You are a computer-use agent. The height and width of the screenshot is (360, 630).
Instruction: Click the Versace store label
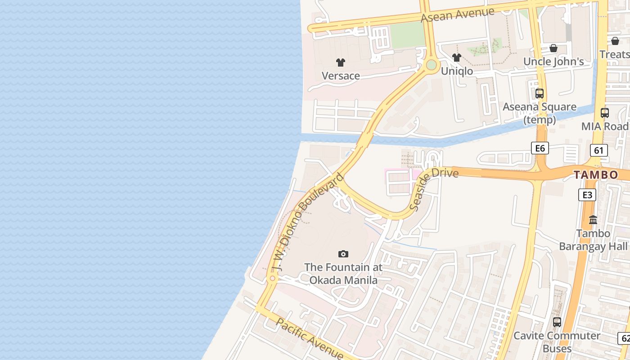pyautogui.click(x=341, y=76)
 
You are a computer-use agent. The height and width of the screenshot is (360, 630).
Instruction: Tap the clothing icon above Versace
pyautogui.click(x=341, y=63)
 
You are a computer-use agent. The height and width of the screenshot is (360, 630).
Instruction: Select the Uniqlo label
pyautogui.click(x=457, y=71)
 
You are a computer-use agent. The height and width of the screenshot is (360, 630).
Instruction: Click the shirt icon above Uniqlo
pyautogui.click(x=457, y=58)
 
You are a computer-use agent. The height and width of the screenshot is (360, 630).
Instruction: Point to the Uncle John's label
pyautogui.click(x=553, y=62)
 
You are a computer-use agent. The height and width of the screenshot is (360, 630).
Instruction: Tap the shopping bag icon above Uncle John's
pyautogui.click(x=553, y=48)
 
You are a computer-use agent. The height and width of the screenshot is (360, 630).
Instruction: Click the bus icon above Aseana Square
pyautogui.click(x=540, y=94)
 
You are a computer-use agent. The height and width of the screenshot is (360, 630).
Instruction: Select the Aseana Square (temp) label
pyautogui.click(x=540, y=113)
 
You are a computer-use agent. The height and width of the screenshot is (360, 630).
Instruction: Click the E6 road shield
pyautogui.click(x=540, y=148)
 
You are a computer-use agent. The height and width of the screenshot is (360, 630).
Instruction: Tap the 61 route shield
pyautogui.click(x=598, y=150)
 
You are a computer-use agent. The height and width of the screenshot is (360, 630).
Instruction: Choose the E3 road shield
pyautogui.click(x=587, y=195)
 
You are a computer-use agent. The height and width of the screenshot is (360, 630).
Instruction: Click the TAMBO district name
pyautogui.click(x=596, y=175)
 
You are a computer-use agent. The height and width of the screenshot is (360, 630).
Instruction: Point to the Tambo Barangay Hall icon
pyautogui.click(x=593, y=220)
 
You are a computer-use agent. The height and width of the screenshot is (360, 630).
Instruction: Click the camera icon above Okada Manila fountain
pyautogui.click(x=343, y=254)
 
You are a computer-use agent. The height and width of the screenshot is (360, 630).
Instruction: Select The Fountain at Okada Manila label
pyautogui.click(x=343, y=274)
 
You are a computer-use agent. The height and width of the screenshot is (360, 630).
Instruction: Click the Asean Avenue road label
pyautogui.click(x=458, y=15)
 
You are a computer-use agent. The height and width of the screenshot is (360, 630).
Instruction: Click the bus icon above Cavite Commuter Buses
pyautogui.click(x=557, y=322)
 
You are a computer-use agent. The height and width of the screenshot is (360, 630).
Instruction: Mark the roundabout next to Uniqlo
pyautogui.click(x=431, y=65)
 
